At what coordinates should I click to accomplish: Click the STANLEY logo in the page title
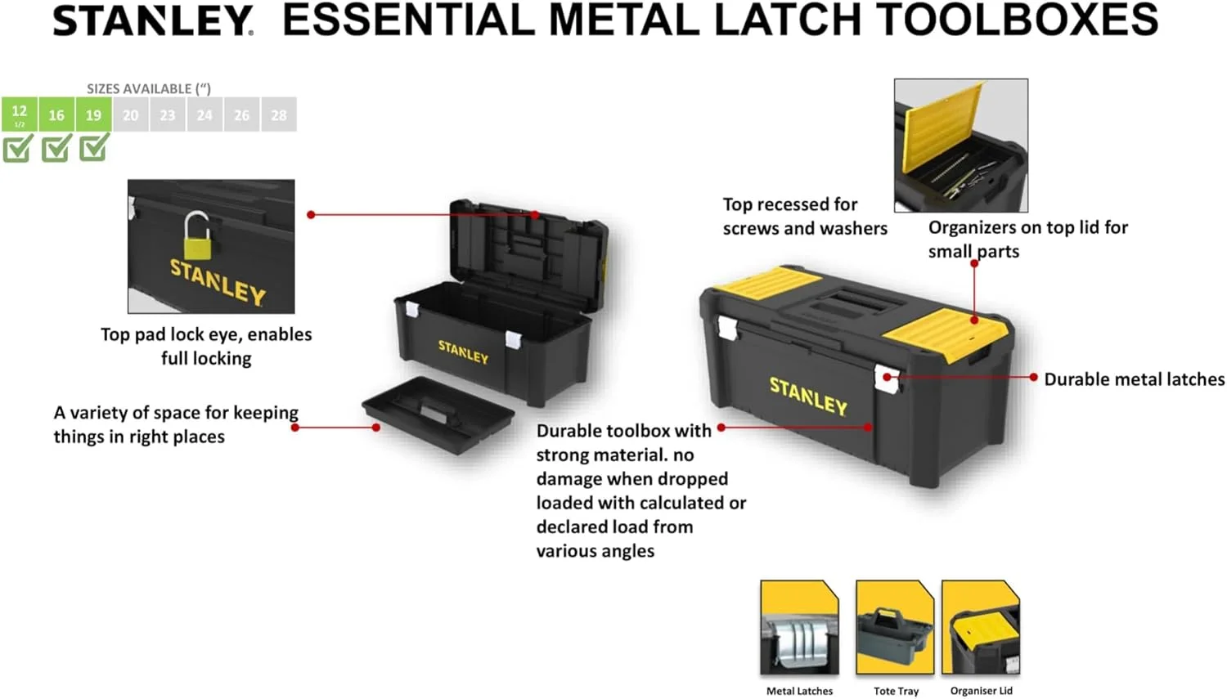click(153, 20)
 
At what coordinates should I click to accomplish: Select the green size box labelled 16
click(56, 114)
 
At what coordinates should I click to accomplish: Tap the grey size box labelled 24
click(204, 114)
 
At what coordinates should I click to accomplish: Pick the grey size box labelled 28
click(279, 114)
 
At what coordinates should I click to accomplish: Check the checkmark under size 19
click(94, 147)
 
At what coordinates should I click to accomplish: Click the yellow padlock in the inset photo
click(197, 236)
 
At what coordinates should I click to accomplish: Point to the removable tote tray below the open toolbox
click(438, 414)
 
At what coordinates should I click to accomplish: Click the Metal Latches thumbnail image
click(799, 627)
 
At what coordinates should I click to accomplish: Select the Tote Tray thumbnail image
click(895, 627)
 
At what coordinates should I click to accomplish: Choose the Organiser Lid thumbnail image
click(981, 627)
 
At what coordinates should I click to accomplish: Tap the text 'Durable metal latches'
click(1134, 379)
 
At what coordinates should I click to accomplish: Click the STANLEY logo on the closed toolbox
click(808, 396)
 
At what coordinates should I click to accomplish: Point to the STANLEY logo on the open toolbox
click(463, 352)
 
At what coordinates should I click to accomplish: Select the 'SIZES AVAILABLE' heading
click(148, 88)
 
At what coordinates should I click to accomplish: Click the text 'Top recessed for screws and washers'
click(805, 216)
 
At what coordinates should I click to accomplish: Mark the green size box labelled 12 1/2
click(19, 114)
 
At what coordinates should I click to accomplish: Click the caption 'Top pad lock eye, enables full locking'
click(206, 346)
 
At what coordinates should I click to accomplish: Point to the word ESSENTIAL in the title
click(408, 20)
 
